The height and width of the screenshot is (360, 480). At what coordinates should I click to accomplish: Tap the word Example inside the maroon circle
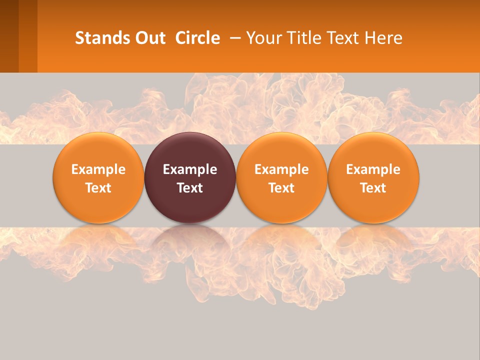(190, 169)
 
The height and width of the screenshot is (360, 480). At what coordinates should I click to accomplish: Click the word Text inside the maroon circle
(190, 188)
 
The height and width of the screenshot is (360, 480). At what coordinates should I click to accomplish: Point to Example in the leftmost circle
(98, 169)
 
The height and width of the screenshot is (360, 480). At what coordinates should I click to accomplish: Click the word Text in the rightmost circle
(373, 188)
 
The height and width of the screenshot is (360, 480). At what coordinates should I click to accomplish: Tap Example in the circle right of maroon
(281, 169)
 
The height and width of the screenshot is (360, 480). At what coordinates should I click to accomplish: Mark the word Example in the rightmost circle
(373, 169)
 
